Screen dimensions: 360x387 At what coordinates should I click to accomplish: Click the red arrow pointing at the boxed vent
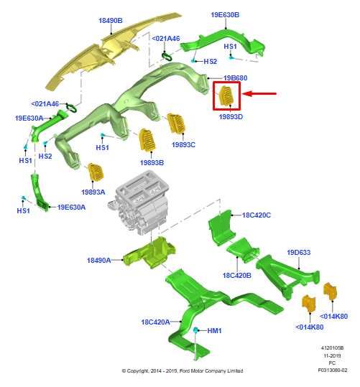[x=259, y=93]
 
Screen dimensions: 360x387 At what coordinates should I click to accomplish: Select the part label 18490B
[x=111, y=21]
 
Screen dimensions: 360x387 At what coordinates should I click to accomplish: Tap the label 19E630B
[x=225, y=15]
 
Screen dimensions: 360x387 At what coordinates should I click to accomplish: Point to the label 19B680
[x=235, y=78]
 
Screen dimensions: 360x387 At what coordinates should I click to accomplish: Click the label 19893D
[x=231, y=117]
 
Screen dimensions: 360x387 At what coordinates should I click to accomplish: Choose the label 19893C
[x=183, y=144]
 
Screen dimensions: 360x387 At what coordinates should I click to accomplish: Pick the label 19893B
[x=152, y=163]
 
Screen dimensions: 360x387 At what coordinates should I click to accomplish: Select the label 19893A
[x=93, y=192]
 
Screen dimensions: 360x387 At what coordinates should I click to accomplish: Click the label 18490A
[x=99, y=260]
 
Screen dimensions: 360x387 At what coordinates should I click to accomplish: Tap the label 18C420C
[x=257, y=215]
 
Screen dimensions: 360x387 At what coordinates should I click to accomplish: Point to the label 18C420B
[x=236, y=275]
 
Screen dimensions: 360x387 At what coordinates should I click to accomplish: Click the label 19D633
[x=298, y=253]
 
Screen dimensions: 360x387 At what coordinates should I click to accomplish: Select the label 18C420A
[x=155, y=322]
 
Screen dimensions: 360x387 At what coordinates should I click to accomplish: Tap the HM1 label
[x=214, y=330]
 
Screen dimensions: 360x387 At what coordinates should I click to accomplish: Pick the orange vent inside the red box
[x=226, y=96]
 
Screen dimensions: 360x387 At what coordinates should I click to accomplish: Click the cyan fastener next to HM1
[x=195, y=330]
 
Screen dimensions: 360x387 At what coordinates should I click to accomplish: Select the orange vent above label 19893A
[x=96, y=172]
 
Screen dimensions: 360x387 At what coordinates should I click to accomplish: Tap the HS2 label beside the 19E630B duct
[x=210, y=61]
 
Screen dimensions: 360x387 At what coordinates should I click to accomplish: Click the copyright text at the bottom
[x=183, y=370]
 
